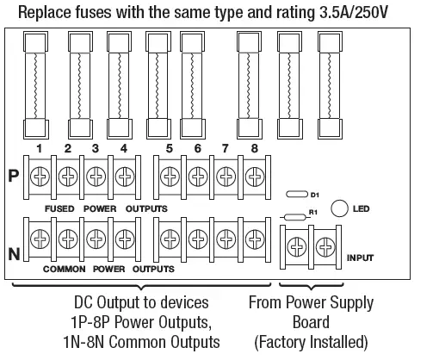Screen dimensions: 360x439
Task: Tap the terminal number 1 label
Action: [x=40, y=148]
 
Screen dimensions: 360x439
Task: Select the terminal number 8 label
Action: [x=255, y=148]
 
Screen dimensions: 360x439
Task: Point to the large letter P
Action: [x=13, y=176]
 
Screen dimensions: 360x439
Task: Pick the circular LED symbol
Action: [x=339, y=207]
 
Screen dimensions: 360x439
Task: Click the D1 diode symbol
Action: [x=296, y=196]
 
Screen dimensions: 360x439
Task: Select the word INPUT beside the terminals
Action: [x=360, y=258]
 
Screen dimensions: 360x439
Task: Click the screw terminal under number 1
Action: [x=40, y=177]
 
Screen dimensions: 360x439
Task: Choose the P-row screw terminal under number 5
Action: [x=170, y=177]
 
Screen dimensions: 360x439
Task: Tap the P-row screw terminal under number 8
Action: [x=255, y=177]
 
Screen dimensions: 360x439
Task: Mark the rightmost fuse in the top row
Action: [x=330, y=84]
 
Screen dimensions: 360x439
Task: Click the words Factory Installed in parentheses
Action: [x=311, y=342]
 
